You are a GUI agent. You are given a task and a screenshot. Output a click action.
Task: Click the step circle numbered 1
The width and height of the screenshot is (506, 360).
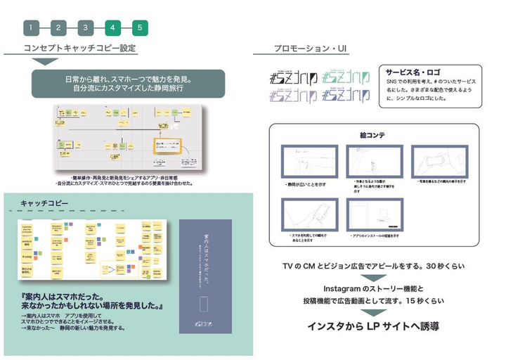(31, 28)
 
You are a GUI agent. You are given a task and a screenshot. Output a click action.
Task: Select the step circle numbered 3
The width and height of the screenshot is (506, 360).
(85, 28)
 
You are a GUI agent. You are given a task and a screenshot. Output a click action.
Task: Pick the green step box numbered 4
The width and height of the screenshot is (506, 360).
(112, 28)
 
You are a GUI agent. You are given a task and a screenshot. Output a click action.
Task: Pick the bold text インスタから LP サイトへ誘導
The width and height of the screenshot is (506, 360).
(373, 326)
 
